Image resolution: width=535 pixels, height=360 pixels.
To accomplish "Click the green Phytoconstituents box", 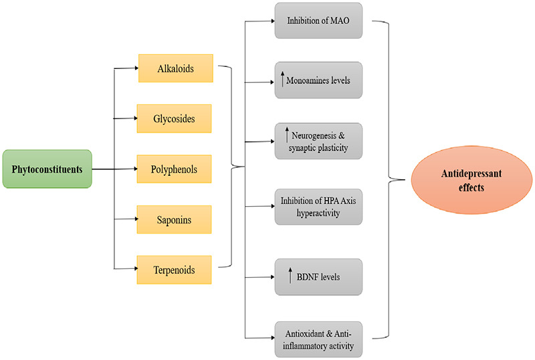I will pos(47,169).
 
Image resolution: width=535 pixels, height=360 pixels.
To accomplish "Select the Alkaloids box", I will pos(175,69).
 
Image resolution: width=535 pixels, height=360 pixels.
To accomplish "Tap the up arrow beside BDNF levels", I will pos(290,275).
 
